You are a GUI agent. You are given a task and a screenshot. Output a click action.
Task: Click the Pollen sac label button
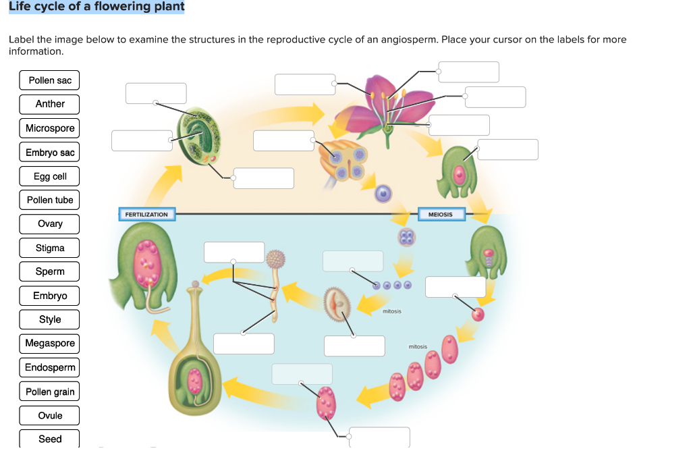coord(50,80)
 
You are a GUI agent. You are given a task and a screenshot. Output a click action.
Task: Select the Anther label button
coord(50,104)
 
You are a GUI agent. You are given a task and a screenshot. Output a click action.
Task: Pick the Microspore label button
coord(50,128)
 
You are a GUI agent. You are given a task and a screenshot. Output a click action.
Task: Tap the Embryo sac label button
coord(50,153)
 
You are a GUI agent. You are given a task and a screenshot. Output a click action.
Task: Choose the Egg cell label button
coord(50,176)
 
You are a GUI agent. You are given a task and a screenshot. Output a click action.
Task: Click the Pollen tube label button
coord(50,200)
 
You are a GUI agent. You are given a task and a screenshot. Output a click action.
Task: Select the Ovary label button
coord(50,224)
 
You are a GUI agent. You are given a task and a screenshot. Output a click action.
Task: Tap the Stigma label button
coord(50,248)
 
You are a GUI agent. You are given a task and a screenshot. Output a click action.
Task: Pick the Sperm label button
coord(50,271)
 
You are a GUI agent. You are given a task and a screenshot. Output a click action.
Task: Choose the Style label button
coord(50,319)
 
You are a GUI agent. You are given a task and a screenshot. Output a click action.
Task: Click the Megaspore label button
coord(50,343)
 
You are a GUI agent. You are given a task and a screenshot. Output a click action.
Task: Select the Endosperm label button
coord(50,367)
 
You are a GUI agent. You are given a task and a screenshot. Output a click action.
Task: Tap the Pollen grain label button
coord(50,392)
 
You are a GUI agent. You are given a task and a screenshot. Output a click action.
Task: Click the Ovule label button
coord(50,415)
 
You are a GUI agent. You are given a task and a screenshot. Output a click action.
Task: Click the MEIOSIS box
coord(441,215)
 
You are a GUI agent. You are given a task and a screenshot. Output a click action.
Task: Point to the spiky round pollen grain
coord(276,259)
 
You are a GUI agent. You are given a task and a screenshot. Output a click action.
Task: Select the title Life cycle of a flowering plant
coord(96,7)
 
